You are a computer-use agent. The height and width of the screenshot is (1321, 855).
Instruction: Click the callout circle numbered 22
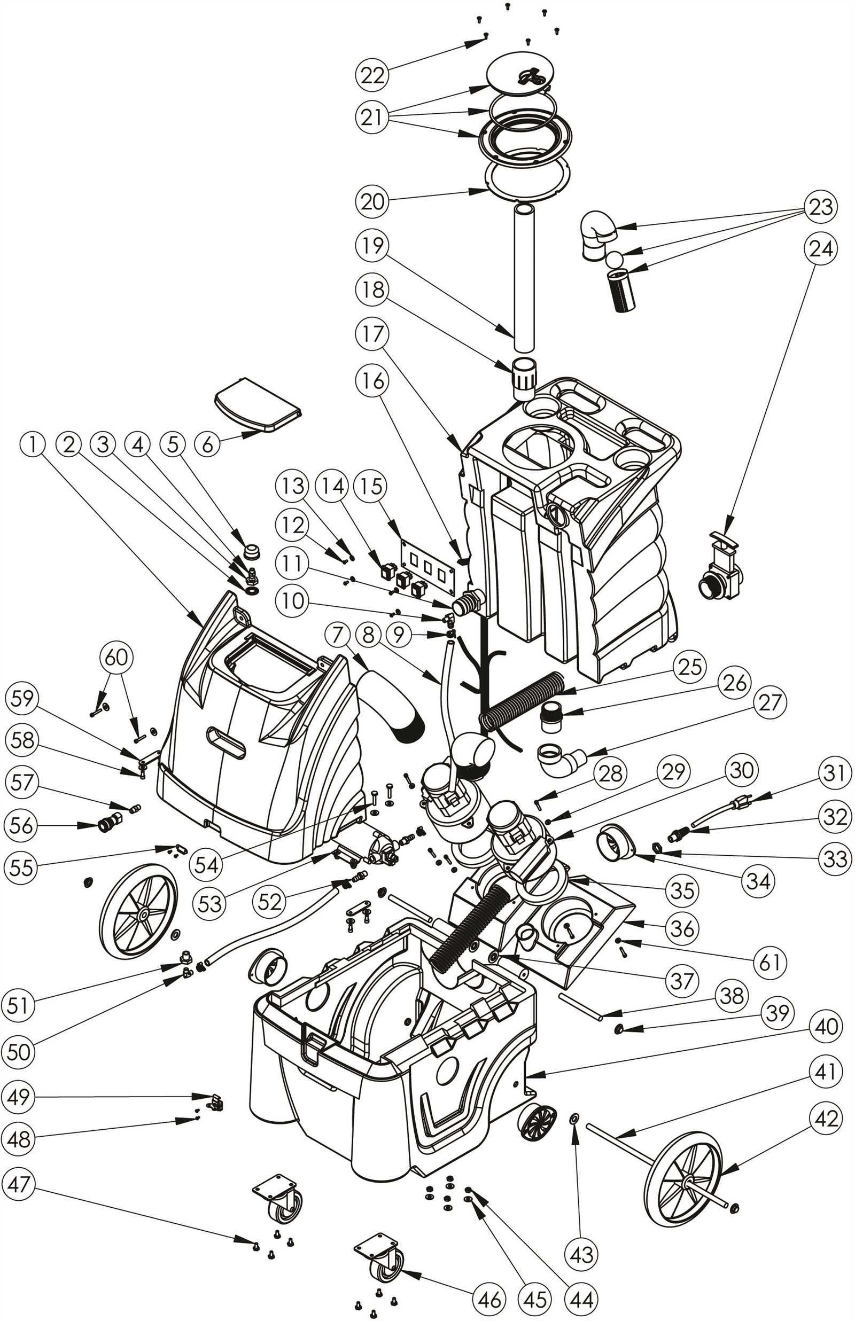(372, 74)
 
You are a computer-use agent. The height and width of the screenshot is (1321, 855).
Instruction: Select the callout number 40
(826, 1026)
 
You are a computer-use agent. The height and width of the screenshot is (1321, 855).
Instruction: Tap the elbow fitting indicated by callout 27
(558, 760)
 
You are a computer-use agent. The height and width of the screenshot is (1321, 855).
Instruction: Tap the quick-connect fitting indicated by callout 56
(109, 825)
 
